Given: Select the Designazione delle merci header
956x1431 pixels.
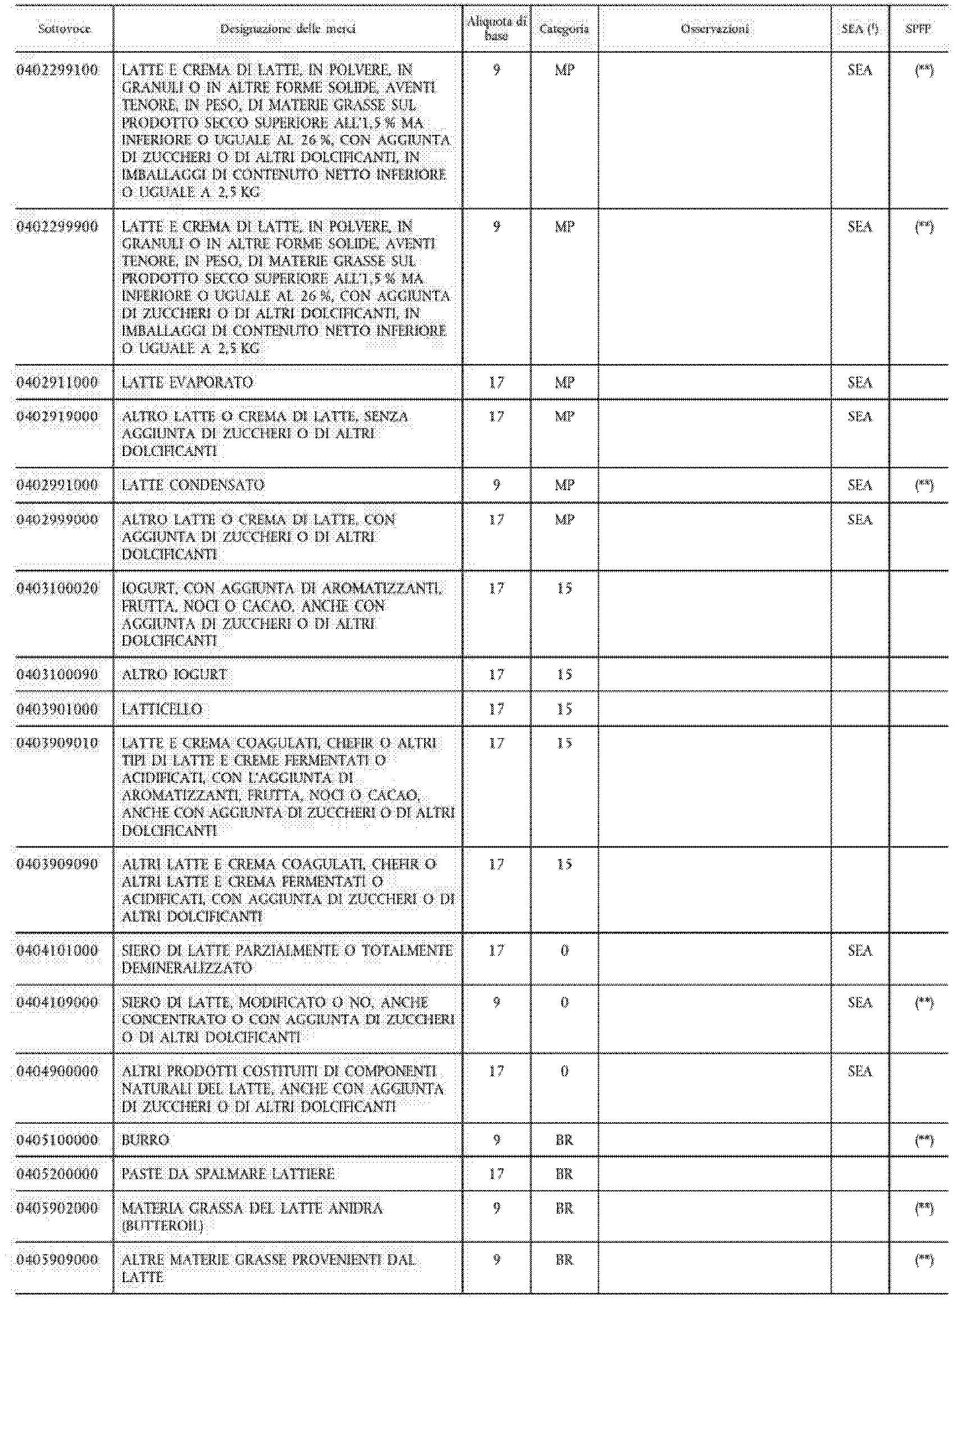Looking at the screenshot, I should point(288,29).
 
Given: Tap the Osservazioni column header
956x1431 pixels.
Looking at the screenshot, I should point(714,29).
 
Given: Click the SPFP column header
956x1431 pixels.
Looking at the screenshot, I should point(918,29).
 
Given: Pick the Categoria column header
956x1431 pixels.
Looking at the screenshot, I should point(565,29).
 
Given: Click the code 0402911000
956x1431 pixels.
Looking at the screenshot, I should point(57,382).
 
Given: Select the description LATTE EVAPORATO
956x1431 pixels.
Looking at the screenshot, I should point(188,382).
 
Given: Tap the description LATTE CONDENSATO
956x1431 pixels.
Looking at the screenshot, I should point(193,486).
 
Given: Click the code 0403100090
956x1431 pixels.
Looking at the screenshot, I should point(57,675).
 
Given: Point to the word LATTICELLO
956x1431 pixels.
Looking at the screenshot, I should point(162,709).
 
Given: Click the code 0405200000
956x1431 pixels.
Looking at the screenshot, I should point(57,1174).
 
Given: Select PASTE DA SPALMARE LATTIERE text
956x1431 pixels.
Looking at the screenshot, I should point(228,1174).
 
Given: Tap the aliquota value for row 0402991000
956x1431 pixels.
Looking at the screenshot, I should point(497,486).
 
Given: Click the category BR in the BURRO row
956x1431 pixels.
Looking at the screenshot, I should point(565,1140).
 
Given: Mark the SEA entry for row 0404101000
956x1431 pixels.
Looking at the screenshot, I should point(859,951).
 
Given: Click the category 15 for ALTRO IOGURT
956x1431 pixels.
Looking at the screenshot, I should point(565,675).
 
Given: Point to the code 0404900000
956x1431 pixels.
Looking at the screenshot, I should point(57,1072).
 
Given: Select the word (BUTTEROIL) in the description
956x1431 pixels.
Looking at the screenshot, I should point(162,1226).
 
